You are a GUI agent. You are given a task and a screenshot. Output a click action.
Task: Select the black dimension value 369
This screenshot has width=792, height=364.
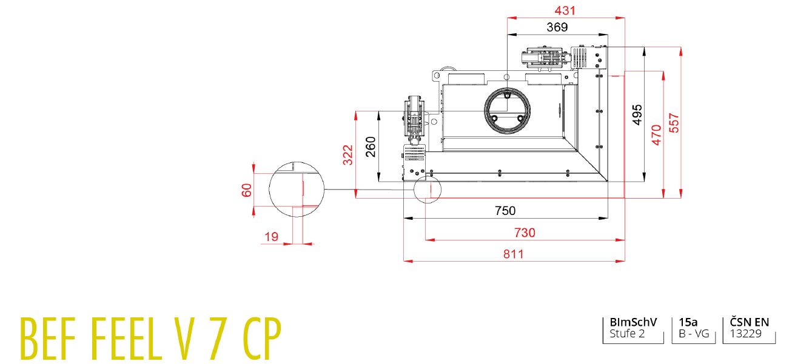point(557,27)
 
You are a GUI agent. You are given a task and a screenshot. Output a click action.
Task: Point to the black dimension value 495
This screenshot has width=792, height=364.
point(637,114)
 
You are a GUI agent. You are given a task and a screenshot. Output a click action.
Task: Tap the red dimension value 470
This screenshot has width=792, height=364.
point(656,134)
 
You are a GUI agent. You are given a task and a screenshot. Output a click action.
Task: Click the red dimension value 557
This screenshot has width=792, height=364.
point(674,123)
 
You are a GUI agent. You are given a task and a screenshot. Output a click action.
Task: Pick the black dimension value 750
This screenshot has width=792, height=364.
point(505,211)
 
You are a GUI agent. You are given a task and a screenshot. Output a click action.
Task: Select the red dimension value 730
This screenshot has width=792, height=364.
point(525,233)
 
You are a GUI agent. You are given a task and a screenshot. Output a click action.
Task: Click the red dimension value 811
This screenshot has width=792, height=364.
point(513,254)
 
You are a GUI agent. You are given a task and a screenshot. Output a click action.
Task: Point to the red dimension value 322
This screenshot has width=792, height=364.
point(347,154)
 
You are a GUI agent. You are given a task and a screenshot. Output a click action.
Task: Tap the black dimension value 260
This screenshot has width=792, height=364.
point(371,147)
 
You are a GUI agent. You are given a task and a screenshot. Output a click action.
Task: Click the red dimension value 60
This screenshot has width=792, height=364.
point(246,190)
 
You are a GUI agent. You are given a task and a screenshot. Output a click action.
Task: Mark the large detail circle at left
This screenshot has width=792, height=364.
point(297,190)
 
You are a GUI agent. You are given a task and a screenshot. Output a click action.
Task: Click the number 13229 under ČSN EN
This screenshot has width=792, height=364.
point(746,334)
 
